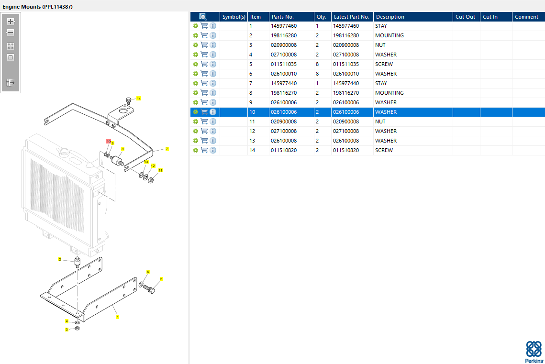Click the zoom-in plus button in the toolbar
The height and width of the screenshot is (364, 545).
[x=11, y=22]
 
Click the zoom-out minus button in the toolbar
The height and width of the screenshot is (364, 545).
[x=11, y=33]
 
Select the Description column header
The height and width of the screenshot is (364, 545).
[x=390, y=17]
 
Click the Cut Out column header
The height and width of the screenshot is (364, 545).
[x=465, y=17]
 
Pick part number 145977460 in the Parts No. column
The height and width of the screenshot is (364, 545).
[x=284, y=26]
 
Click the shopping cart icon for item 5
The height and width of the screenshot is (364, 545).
[x=204, y=64]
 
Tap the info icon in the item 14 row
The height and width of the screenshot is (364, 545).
[x=213, y=150]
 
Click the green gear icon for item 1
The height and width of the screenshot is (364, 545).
[x=196, y=26]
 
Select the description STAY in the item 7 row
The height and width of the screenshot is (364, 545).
[x=381, y=83]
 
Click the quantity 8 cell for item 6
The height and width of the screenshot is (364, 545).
[x=317, y=74]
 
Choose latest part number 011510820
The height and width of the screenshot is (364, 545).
[x=346, y=150]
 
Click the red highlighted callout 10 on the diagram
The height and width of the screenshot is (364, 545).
[x=109, y=142]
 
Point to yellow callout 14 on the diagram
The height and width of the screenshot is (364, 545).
[x=139, y=99]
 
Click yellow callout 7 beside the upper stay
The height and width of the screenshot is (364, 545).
[x=167, y=149]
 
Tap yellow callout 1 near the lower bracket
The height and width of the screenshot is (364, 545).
[x=118, y=317]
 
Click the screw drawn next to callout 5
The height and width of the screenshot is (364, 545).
[x=149, y=289]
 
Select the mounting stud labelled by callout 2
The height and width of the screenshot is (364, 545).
[x=77, y=262]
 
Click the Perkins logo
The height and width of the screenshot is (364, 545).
[x=534, y=352]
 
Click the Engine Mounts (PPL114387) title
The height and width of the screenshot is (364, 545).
[x=37, y=7]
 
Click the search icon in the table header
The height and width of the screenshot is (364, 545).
[x=203, y=17]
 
